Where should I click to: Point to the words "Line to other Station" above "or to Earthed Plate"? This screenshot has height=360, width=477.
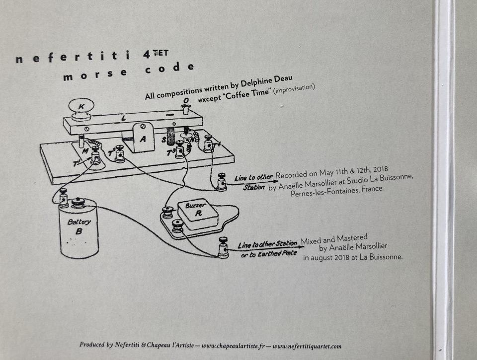267,244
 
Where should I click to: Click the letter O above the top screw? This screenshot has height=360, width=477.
185,100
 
